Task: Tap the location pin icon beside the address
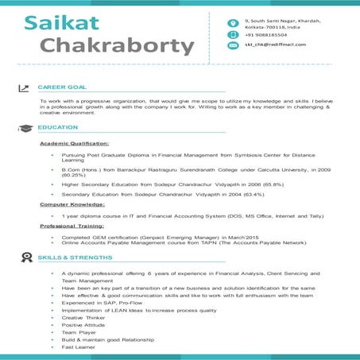(233, 22)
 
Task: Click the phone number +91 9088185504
(269, 35)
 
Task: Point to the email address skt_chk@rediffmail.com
(275, 45)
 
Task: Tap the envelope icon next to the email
(233, 45)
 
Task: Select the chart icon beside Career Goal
(23, 87)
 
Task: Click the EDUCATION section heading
(57, 127)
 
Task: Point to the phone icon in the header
(233, 34)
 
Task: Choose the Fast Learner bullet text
(79, 347)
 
